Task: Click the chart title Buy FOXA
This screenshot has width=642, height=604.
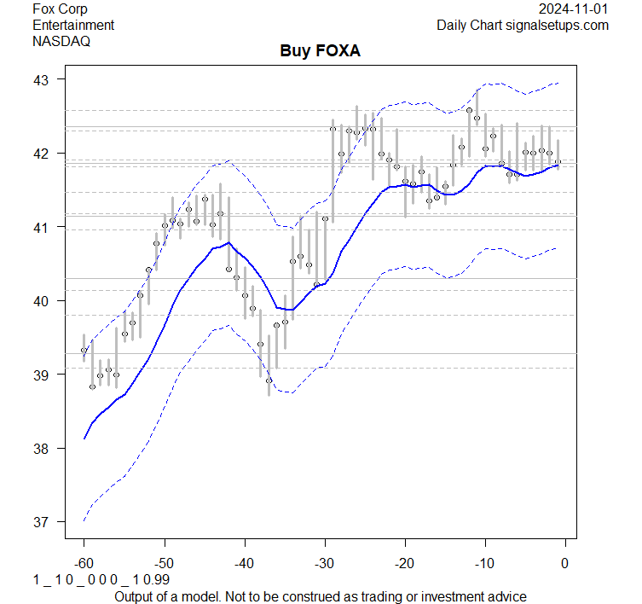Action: pyautogui.click(x=321, y=51)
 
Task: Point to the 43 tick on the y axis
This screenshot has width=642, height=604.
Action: pyautogui.click(x=43, y=79)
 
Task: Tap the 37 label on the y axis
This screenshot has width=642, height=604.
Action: pyautogui.click(x=43, y=522)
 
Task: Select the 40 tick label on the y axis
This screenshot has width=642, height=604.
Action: pyautogui.click(x=43, y=301)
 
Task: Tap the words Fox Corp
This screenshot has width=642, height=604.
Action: pyautogui.click(x=60, y=9)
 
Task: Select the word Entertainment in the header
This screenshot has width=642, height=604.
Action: pyautogui.click(x=73, y=25)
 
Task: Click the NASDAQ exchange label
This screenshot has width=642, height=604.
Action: pyautogui.click(x=61, y=40)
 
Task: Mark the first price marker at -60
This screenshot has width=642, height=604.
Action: pyautogui.click(x=84, y=350)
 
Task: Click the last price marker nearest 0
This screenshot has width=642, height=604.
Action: pyautogui.click(x=558, y=162)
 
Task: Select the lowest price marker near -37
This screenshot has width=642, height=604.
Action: pyautogui.click(x=269, y=380)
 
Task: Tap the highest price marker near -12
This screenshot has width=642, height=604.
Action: pyautogui.click(x=470, y=110)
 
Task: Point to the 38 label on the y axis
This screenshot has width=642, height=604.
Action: pyautogui.click(x=43, y=449)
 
